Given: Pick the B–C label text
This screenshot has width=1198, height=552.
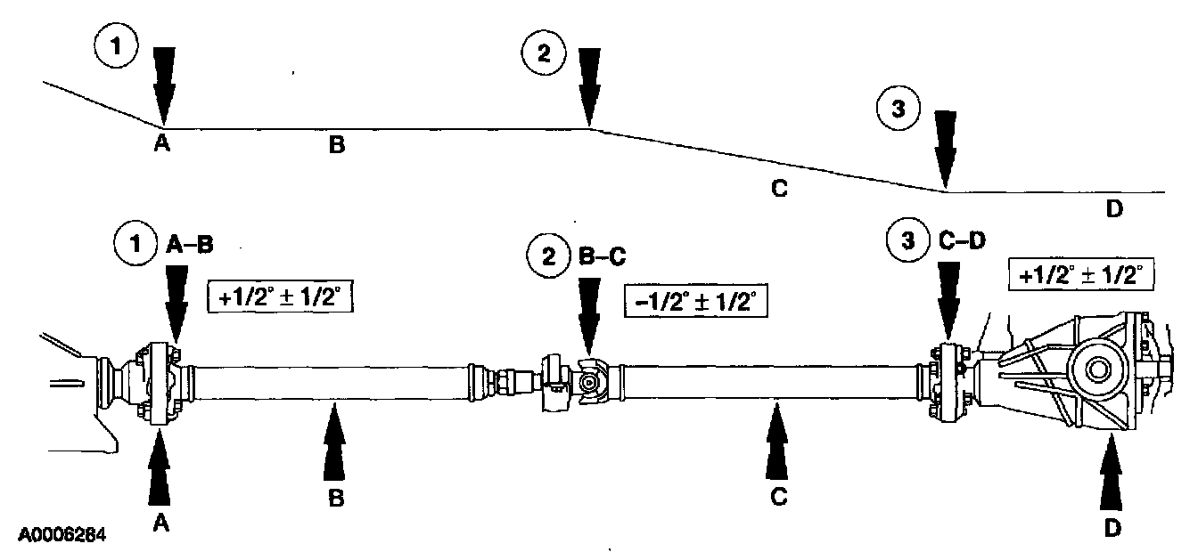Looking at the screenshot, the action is (603, 256).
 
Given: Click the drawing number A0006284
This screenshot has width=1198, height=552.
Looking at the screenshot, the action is (62, 536).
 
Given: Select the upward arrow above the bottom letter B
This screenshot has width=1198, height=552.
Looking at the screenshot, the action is (335, 442).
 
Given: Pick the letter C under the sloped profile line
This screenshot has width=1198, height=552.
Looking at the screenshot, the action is (779, 189).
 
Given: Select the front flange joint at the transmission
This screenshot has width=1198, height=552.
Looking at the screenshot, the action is (158, 382).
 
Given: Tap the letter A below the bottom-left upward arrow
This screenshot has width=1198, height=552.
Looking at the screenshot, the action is (160, 524).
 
